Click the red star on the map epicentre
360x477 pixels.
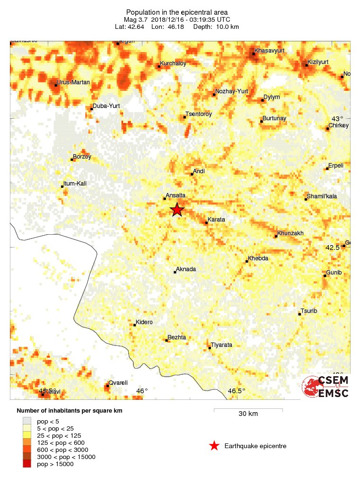click(x=177, y=210)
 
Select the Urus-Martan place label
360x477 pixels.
click(x=73, y=82)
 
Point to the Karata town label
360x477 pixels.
click(x=216, y=220)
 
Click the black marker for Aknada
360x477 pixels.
click(x=175, y=272)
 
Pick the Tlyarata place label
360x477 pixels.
click(x=221, y=345)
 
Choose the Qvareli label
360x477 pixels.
click(x=118, y=383)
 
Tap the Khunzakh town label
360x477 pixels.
click(x=290, y=233)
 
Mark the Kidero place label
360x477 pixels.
click(x=144, y=322)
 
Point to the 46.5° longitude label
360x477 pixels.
click(x=237, y=391)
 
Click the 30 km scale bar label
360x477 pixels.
click(x=248, y=414)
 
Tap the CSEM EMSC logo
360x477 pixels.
click(x=326, y=387)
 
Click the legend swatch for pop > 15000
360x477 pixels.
click(x=27, y=464)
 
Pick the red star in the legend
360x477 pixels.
click(x=214, y=446)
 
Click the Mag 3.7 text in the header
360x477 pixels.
click(x=140, y=19)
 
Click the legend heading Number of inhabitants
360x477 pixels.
click(x=70, y=411)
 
